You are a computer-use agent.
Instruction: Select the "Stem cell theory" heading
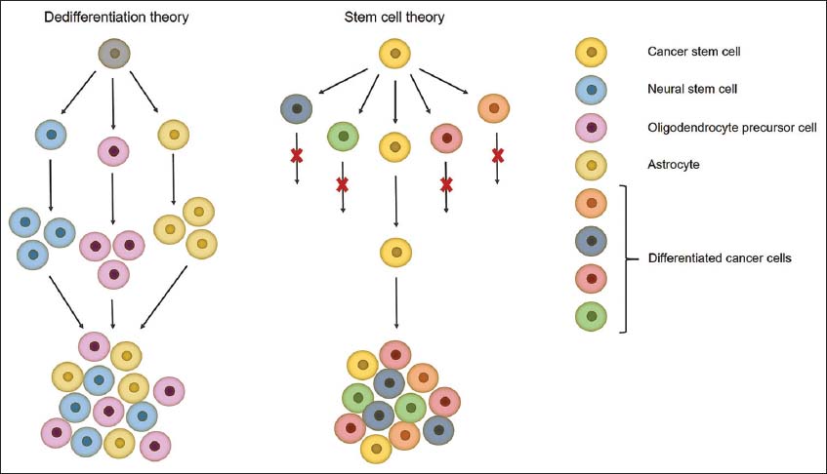click(x=393, y=18)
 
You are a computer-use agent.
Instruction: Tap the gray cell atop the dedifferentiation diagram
click(x=114, y=55)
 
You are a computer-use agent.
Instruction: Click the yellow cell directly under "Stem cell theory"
click(x=393, y=55)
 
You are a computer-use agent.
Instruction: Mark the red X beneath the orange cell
click(x=497, y=155)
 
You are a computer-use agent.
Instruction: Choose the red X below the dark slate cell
click(x=295, y=155)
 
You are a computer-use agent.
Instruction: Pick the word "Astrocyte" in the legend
click(x=673, y=165)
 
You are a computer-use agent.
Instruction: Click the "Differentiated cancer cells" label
click(x=722, y=259)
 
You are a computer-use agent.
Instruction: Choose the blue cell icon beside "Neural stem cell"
click(x=593, y=89)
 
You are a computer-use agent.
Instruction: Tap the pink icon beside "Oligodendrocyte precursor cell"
click(x=593, y=127)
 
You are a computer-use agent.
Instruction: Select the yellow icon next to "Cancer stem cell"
click(x=593, y=51)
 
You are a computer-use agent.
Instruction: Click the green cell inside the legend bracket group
click(x=593, y=316)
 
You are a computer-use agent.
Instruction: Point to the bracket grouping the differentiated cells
click(x=624, y=259)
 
